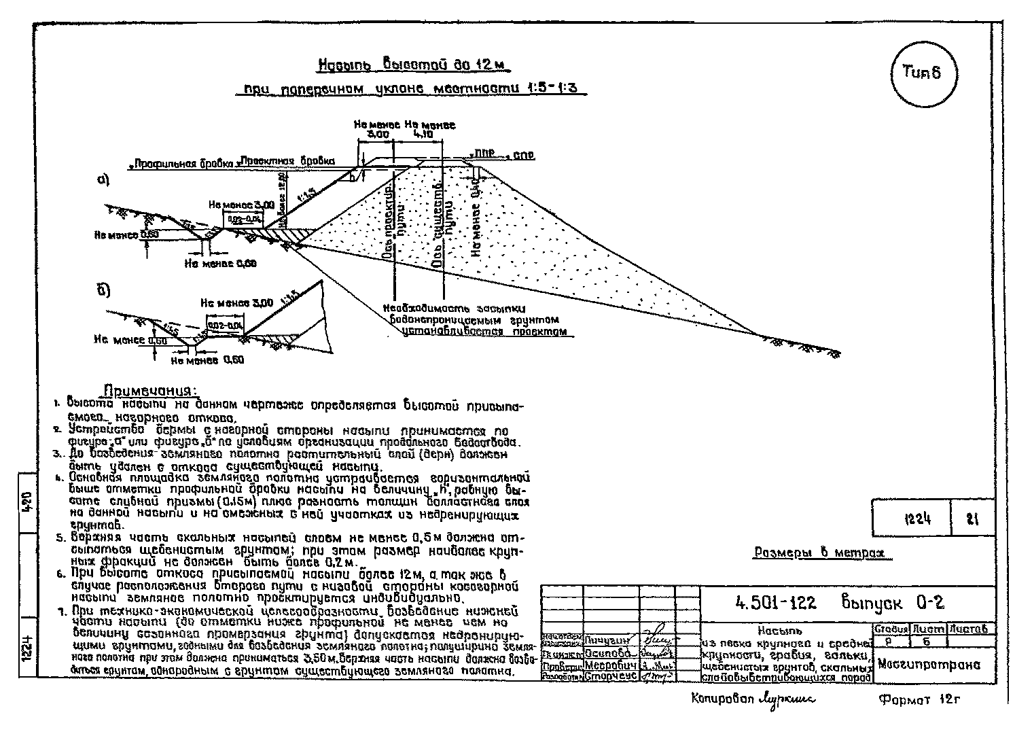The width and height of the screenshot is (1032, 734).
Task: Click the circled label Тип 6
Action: click(922, 73)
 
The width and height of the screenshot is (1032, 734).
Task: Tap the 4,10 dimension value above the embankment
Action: click(422, 135)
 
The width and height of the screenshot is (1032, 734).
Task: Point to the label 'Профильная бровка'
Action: click(183, 164)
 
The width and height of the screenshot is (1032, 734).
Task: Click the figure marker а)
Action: click(103, 181)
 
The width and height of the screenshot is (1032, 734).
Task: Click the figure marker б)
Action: click(103, 290)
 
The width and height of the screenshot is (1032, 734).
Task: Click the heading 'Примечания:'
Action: click(150, 391)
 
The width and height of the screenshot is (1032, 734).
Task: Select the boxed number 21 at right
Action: click(972, 519)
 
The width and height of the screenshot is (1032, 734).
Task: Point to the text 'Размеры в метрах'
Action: click(822, 553)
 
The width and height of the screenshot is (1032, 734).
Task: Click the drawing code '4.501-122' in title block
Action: click(777, 602)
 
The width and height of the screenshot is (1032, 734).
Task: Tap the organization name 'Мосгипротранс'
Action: click(929, 665)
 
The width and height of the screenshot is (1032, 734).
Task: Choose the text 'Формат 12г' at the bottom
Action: click(920, 700)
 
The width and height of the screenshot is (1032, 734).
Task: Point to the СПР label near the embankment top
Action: click(523, 156)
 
